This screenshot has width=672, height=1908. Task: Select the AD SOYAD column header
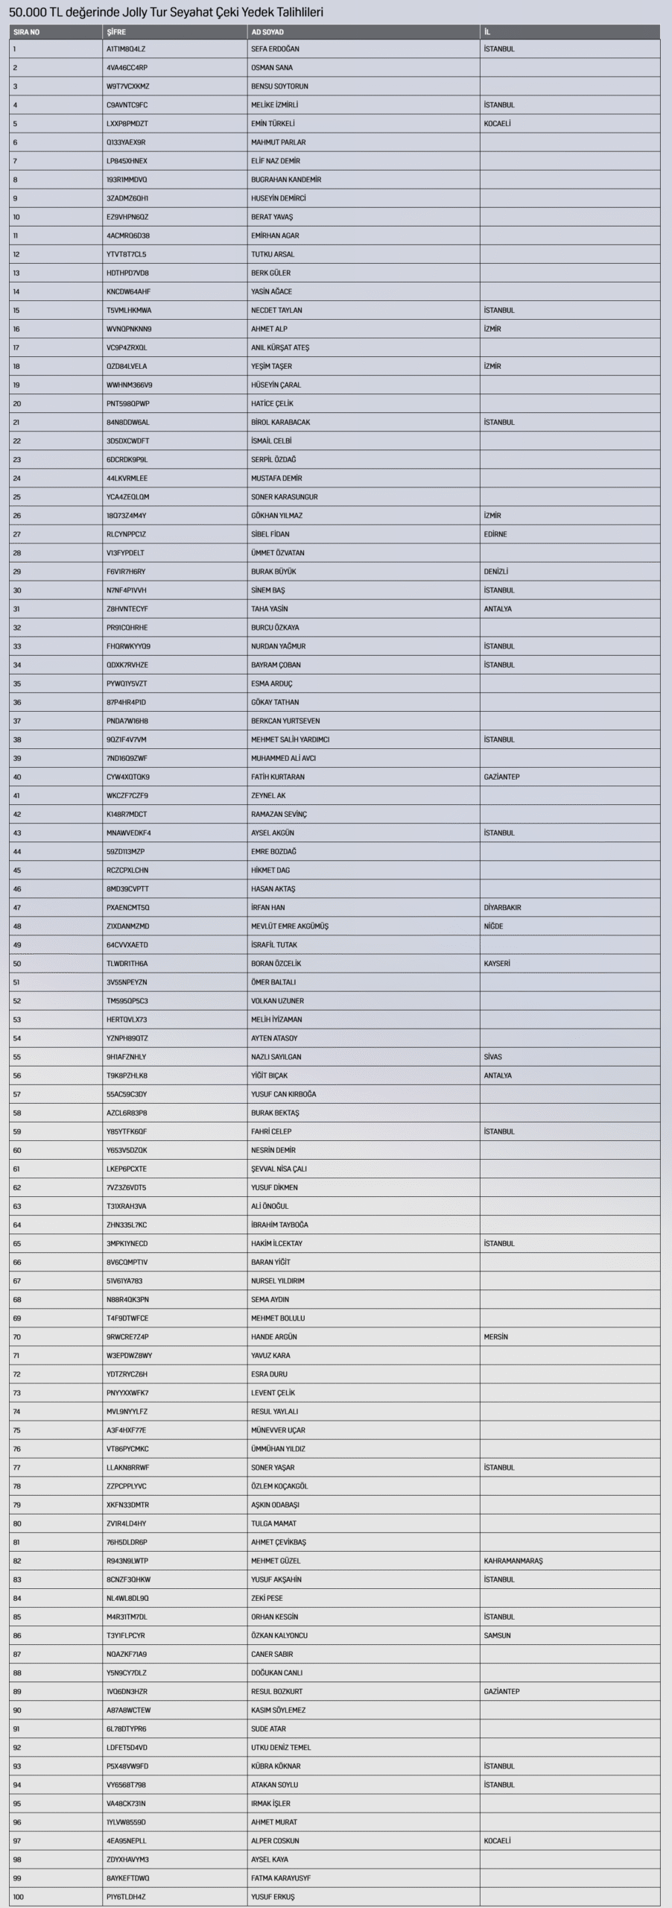(x=267, y=32)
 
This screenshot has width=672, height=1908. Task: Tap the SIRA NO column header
(x=26, y=32)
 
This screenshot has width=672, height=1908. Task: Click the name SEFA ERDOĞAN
(x=276, y=49)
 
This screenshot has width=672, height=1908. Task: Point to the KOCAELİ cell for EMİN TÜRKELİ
(x=497, y=124)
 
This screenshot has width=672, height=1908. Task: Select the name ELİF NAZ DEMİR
(x=276, y=161)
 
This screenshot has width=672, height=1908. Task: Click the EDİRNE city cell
(x=495, y=534)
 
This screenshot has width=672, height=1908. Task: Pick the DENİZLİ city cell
(x=495, y=572)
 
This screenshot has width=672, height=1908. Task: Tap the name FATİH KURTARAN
(x=278, y=777)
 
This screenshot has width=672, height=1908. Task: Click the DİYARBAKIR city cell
(x=502, y=908)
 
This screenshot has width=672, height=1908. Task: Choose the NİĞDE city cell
(x=493, y=926)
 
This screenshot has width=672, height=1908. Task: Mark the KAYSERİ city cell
(x=497, y=964)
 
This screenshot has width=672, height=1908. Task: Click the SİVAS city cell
(x=492, y=1057)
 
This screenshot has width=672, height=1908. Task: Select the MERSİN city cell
(x=495, y=1337)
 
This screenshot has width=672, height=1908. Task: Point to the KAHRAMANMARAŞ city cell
(x=513, y=1561)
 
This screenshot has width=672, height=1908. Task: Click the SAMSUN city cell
(x=497, y=1635)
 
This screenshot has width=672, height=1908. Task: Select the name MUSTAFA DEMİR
(x=276, y=478)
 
